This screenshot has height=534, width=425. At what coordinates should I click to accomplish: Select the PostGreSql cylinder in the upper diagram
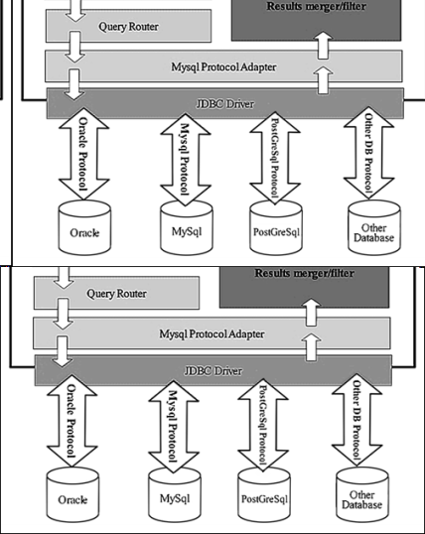277,227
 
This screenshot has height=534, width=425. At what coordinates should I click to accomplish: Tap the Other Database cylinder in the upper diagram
374,227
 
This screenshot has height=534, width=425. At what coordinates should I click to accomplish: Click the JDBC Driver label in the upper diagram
224,100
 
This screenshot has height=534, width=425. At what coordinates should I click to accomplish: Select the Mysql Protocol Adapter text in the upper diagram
224,67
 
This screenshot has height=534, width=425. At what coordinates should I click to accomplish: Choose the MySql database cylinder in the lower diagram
169,492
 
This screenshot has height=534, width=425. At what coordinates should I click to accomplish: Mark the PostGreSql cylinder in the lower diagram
265,492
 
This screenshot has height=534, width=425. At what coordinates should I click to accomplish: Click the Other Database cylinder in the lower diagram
361,492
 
